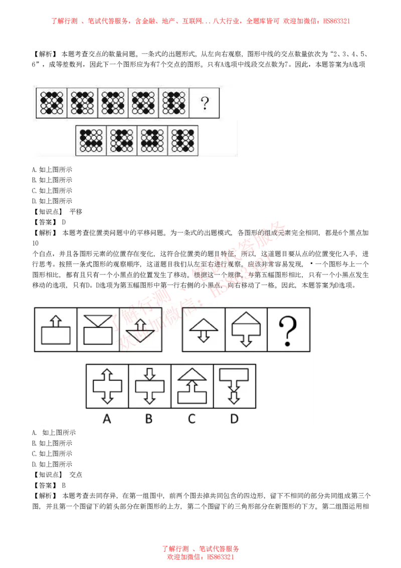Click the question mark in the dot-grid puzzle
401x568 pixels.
[205, 103]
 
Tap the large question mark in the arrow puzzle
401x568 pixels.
[288, 330]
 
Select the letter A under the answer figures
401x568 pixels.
[107, 419]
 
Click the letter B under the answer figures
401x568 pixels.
[149, 419]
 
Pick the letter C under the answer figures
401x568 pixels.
[191, 419]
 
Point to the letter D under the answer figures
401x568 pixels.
[234, 419]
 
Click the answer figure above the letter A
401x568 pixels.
[107, 386]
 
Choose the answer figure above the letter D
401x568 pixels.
[234, 386]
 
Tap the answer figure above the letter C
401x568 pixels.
[192, 386]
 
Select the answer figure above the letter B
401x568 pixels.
[149, 386]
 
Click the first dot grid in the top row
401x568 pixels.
[52, 103]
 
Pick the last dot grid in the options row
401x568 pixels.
[183, 140]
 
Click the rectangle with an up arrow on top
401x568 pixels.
[56, 330]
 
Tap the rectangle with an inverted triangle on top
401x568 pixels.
[98, 330]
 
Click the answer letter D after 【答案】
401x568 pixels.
[64, 222]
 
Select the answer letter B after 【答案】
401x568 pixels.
[64, 485]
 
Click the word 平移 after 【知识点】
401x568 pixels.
[76, 212]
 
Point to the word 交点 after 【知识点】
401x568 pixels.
[76, 475]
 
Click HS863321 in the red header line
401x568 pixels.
[336, 21]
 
